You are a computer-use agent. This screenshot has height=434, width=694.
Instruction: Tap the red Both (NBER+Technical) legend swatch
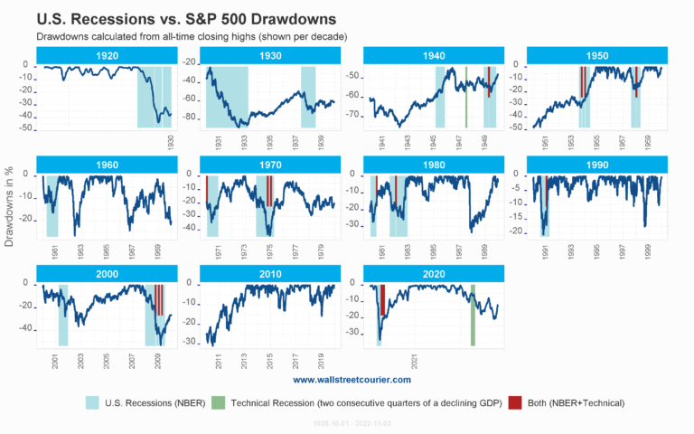pos(515,402)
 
